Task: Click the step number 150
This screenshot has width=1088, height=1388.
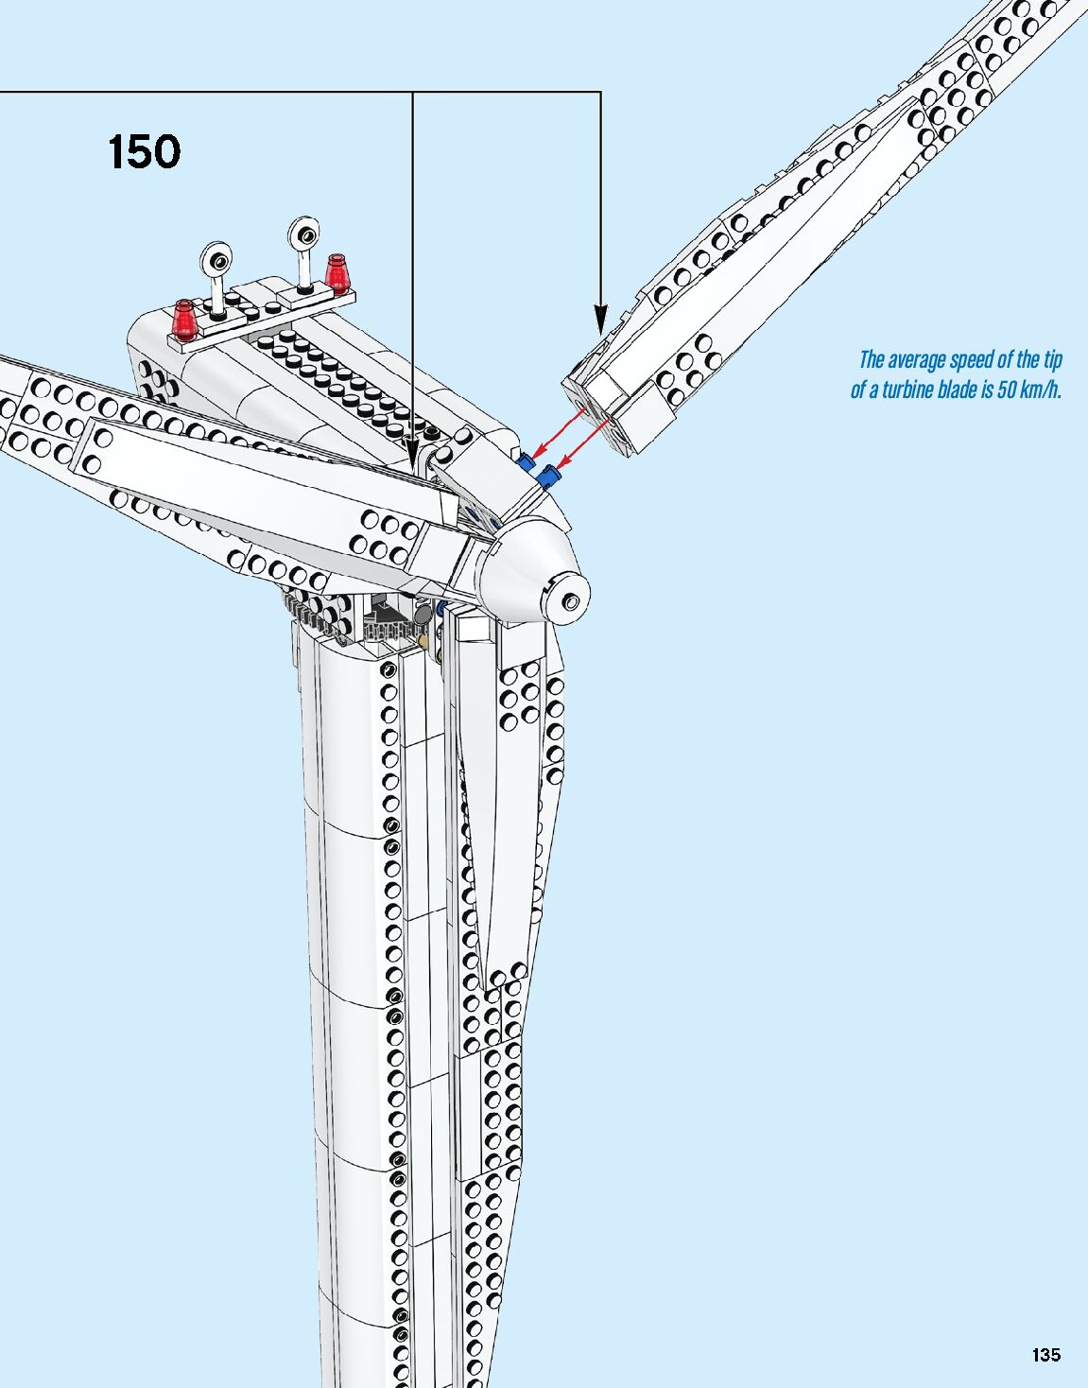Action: click(144, 152)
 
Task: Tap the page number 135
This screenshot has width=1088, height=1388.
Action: click(1045, 1354)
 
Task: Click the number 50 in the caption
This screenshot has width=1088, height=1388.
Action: click(996, 390)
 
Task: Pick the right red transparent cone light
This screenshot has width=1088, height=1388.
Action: click(337, 271)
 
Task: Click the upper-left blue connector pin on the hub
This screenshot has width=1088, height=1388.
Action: click(526, 461)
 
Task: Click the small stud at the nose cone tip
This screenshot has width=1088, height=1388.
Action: click(571, 601)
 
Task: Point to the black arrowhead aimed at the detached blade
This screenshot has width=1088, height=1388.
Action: click(599, 319)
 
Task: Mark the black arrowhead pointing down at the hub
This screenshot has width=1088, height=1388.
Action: click(412, 452)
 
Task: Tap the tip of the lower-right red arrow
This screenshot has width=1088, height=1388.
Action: click(559, 467)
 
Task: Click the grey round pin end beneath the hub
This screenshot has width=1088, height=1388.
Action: click(423, 616)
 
